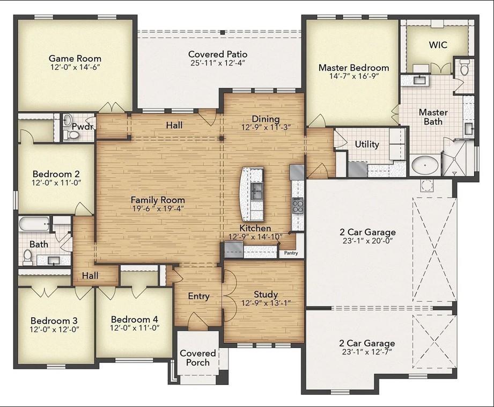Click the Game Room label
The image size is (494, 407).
[x=75, y=59]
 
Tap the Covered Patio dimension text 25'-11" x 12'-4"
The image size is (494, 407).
[x=217, y=63]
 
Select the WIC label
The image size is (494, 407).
[x=438, y=45]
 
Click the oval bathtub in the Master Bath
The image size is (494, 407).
[x=425, y=165]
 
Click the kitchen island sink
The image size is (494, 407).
[x=257, y=191]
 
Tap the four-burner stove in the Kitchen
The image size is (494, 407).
[x=298, y=206]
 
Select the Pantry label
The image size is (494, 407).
[x=291, y=253]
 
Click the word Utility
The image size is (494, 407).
[x=367, y=144]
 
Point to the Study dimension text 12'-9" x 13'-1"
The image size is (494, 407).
[x=266, y=303]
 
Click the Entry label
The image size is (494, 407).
[x=198, y=296]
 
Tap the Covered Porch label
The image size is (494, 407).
[x=198, y=358]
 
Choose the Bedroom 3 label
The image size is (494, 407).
[x=54, y=321]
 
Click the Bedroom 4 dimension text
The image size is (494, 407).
[x=135, y=328]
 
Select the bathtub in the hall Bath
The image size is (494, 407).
[x=34, y=224]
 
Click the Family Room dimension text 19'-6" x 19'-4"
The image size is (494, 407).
[x=158, y=208]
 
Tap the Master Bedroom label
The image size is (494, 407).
[x=354, y=68]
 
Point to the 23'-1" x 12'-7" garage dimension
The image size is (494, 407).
[x=367, y=352]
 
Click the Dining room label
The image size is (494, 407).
[x=266, y=119]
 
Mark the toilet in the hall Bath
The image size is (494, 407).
[x=28, y=257]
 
